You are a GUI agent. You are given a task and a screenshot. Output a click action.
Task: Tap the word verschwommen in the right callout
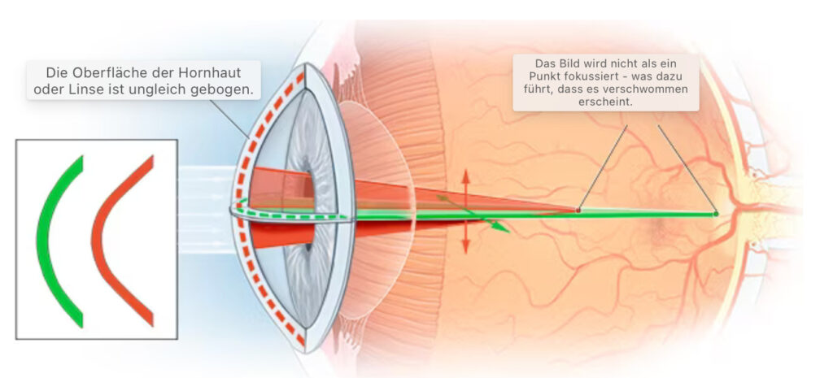pos(653,89)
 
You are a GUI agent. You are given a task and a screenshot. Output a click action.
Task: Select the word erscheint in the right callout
pos(605,102)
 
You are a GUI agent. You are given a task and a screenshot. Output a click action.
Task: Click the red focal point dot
pos(578,211)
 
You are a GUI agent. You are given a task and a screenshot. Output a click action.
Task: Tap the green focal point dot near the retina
pos(716,214)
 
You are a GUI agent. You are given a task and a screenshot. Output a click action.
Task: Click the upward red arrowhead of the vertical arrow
pos(466,176)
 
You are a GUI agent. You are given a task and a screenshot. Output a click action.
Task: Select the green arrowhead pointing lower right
pos(499,228)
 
